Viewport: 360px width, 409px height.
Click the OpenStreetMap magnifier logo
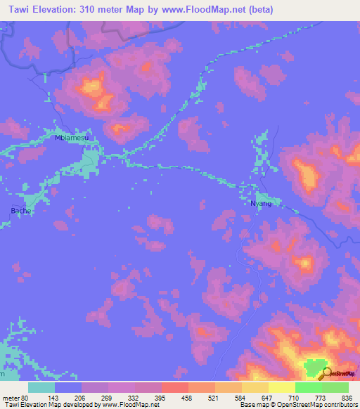click(326, 372)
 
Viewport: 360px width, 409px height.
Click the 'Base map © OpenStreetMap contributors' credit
click(296, 404)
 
